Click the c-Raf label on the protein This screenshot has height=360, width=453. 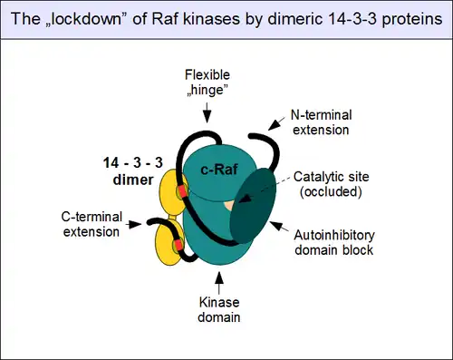[219, 170]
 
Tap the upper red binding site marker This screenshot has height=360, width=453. [182, 191]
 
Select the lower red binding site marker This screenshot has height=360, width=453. [178, 245]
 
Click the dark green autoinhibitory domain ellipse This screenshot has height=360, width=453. [253, 206]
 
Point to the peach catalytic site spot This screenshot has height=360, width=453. [229, 206]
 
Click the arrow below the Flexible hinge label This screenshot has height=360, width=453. [207, 112]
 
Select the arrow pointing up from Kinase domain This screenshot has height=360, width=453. [219, 283]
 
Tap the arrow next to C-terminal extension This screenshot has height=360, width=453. [133, 224]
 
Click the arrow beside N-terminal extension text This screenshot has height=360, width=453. [276, 123]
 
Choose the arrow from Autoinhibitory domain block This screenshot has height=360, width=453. [279, 227]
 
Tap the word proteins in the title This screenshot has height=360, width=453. [412, 19]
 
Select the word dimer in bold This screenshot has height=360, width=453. [133, 180]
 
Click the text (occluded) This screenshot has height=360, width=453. [331, 191]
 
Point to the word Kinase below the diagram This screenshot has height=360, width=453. [219, 302]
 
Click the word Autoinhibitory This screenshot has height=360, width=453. [334, 235]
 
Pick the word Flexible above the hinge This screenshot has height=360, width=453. [207, 74]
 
